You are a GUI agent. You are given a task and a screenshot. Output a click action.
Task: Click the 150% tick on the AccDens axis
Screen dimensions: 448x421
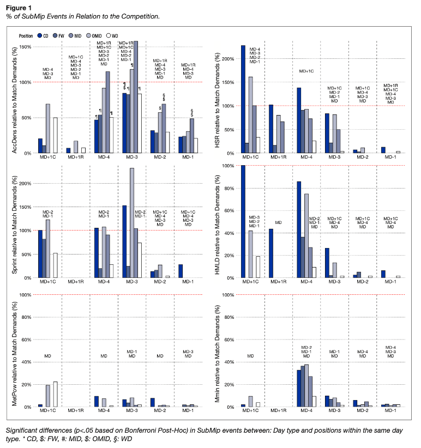(25, 47)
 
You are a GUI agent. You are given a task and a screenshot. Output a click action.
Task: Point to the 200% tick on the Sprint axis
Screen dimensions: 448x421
(25, 183)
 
